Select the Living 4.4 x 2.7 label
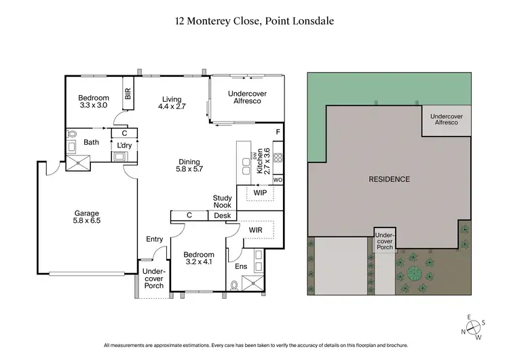pos(172,103)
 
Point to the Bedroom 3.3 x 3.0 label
pos(94,102)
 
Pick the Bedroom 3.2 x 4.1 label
pos(199,256)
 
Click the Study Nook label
pos(222,202)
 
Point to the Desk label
pos(222,216)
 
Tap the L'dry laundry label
pos(124,145)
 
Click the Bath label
pos(92,143)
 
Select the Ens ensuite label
pos(241,267)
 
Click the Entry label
pos(154,239)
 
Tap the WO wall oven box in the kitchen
pos(277,180)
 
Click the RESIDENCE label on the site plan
pos(389,179)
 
